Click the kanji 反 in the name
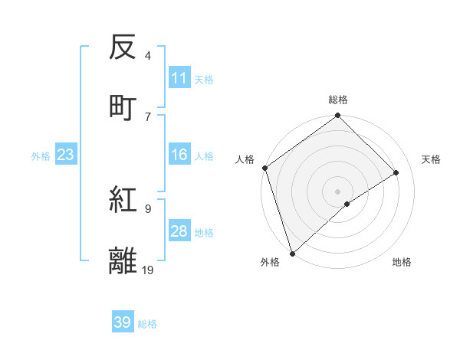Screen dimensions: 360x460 [x=123, y=47]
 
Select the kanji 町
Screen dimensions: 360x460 [x=123, y=107]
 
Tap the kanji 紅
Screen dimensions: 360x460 [x=123, y=201]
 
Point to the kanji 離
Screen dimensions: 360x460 [x=123, y=260]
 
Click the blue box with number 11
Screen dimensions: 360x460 [x=179, y=78]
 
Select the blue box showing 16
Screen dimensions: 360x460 [x=179, y=155]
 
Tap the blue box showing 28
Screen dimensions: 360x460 [x=179, y=231]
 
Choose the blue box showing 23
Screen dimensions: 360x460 [x=65, y=155]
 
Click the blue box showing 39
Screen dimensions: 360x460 [x=123, y=322]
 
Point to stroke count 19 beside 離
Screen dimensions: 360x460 [x=148, y=270]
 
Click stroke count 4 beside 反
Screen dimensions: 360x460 [x=147, y=56]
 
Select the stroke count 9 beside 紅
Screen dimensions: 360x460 [x=147, y=208]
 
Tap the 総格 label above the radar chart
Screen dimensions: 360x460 [x=338, y=100]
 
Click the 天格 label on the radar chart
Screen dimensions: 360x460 [x=431, y=159]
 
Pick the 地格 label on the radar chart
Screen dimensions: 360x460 [x=402, y=262]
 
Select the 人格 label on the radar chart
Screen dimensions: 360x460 [x=245, y=159]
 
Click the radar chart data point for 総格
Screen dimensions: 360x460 [x=337, y=116]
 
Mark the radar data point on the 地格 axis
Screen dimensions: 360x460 [x=347, y=204]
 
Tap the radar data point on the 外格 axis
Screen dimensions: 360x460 [x=292, y=252]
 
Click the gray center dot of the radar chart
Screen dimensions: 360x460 [x=337, y=191]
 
